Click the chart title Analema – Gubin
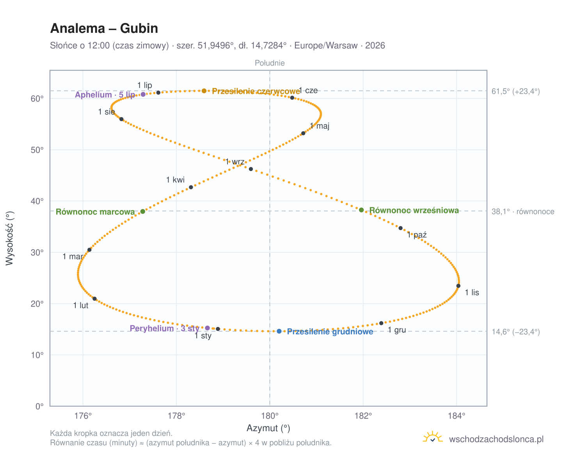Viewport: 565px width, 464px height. (x=104, y=28)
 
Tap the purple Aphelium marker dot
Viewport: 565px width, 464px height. (x=143, y=94)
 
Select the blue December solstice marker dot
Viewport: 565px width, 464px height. (x=279, y=331)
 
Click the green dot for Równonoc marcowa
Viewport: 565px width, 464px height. (x=143, y=211)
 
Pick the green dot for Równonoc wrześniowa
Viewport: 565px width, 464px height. (x=361, y=210)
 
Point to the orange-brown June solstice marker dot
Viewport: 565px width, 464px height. (x=204, y=91)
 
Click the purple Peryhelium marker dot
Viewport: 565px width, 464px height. (x=207, y=328)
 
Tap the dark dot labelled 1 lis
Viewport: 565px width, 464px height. (x=458, y=286)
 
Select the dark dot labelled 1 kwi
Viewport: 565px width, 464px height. (x=191, y=187)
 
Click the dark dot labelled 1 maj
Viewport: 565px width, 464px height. (x=303, y=133)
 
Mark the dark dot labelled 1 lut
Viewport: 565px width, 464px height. (x=94, y=299)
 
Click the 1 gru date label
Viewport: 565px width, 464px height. (x=397, y=330)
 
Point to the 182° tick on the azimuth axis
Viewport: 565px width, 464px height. (x=363, y=416)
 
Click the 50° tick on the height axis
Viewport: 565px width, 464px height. (x=37, y=150)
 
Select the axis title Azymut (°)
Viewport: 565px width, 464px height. (x=268, y=428)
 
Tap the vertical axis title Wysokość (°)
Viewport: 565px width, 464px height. (x=10, y=238)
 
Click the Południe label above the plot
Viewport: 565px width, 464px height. (x=270, y=63)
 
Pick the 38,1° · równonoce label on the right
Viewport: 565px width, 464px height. (x=523, y=212)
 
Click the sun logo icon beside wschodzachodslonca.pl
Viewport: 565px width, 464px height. (x=432, y=437)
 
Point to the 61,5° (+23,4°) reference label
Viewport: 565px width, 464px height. (x=515, y=91)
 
